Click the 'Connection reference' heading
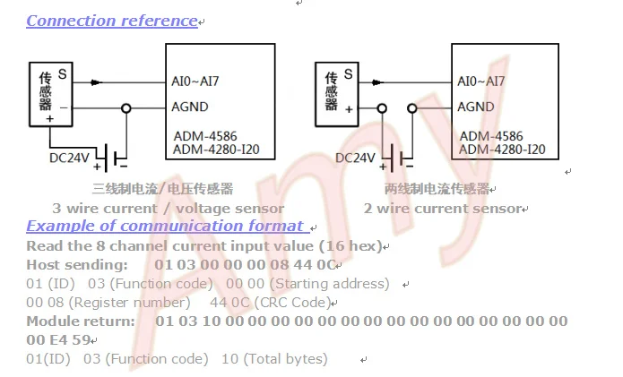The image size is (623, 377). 112,21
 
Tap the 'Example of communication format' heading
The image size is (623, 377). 165,226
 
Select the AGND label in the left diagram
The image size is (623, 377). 189,107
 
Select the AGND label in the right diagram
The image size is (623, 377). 476,107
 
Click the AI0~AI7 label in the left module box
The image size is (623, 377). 195,81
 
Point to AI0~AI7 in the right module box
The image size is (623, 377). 481,81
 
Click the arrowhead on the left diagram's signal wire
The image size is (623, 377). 96,82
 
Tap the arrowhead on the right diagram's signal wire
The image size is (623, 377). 377,82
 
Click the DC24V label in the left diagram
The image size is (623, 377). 69,158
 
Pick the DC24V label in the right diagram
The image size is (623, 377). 355,158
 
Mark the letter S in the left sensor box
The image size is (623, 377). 63,74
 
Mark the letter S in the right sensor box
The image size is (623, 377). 349,74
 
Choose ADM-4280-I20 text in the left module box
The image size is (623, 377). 216,150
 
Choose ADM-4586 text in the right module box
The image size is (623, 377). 491,136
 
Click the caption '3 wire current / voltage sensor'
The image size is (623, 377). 168,209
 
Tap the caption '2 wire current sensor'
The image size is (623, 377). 443,209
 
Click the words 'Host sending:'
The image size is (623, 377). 77,265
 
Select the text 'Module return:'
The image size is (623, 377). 81,321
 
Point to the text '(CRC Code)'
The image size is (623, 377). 292,303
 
